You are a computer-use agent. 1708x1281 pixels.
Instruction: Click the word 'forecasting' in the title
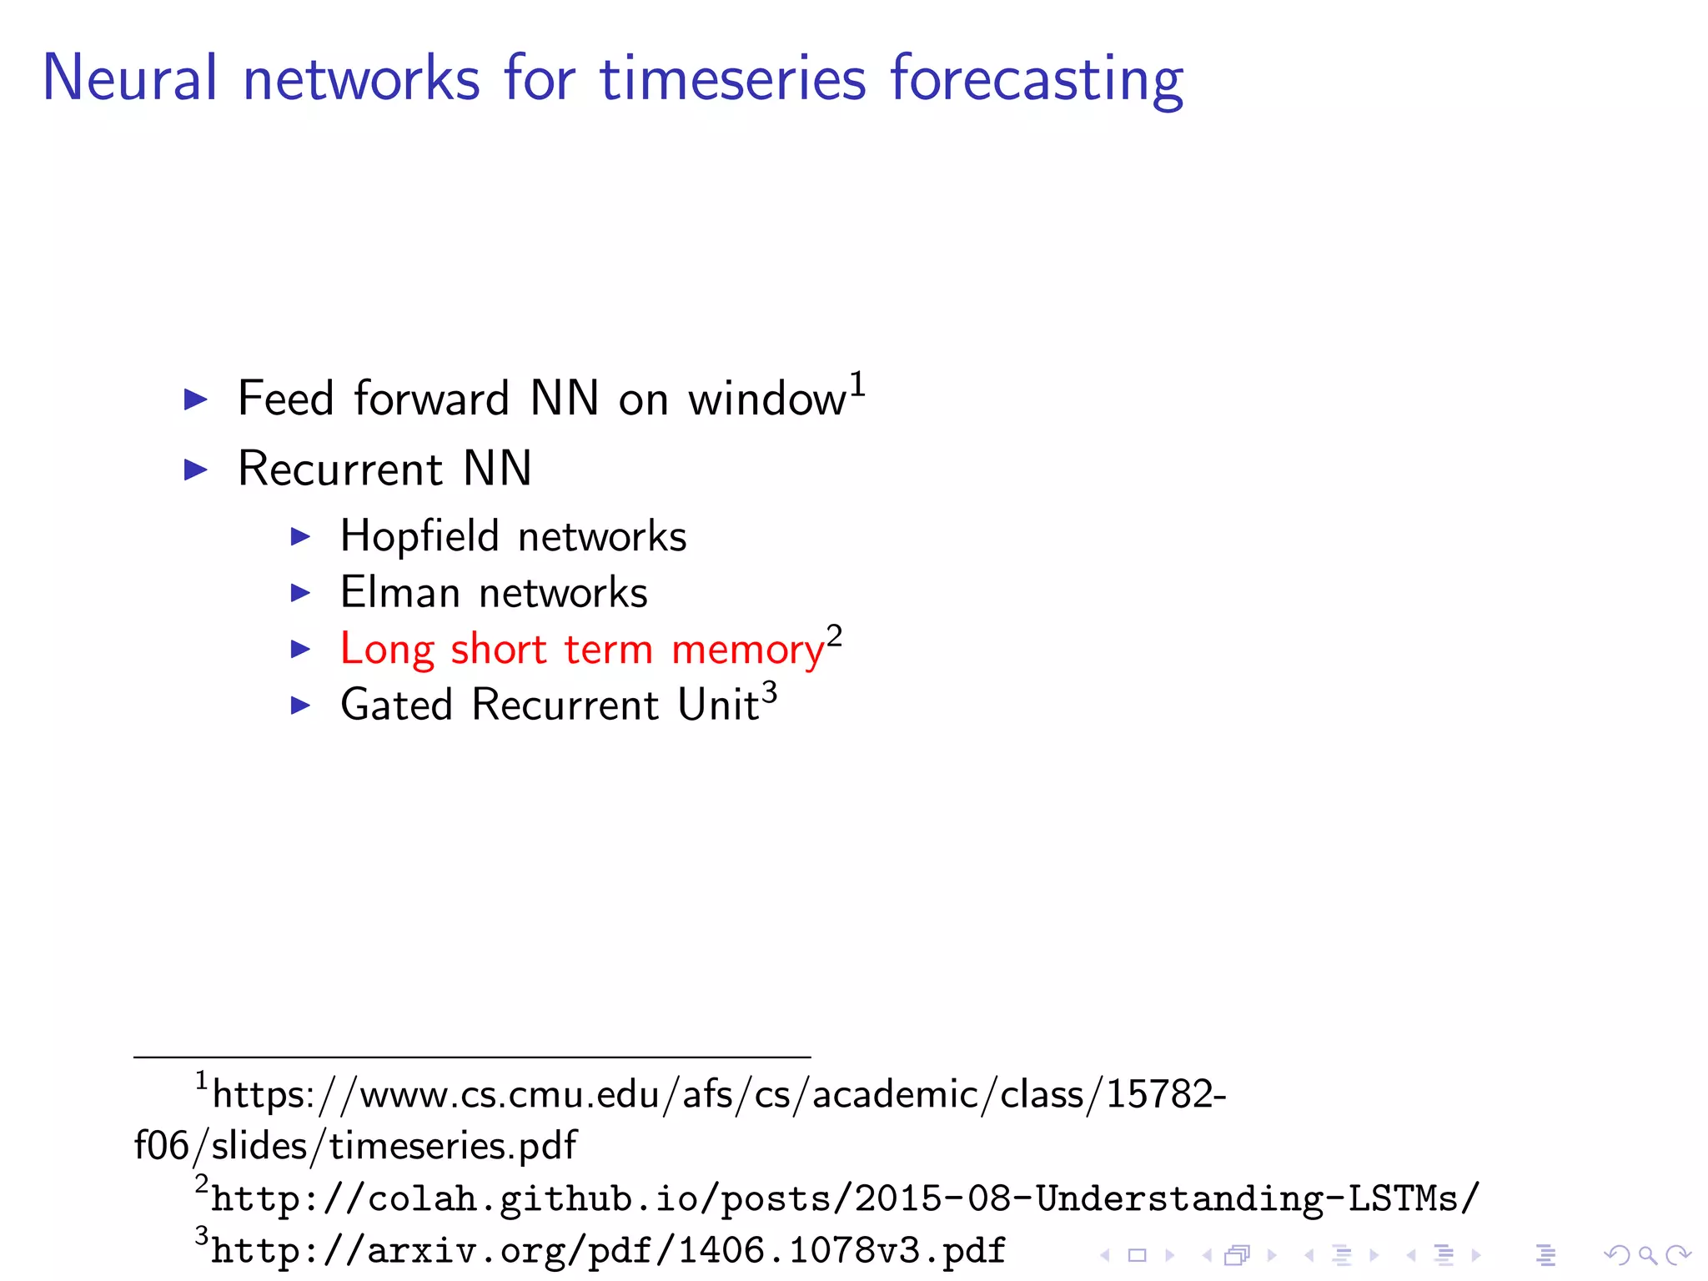[x=1036, y=79]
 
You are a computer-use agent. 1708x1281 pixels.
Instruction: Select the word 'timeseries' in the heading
[x=733, y=79]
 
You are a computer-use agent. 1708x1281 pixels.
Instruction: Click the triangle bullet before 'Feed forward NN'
[x=195, y=399]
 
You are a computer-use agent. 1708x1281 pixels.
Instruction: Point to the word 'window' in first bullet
[x=766, y=399]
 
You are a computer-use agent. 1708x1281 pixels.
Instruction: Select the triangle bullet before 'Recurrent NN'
[x=195, y=470]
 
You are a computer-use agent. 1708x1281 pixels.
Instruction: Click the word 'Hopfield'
[x=419, y=536]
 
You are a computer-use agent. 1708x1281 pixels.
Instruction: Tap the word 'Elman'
[x=400, y=593]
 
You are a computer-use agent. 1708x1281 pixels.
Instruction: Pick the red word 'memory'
[x=747, y=651]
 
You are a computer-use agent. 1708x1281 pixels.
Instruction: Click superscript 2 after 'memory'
[x=834, y=636]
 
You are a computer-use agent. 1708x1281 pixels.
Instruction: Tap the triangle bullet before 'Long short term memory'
[x=300, y=649]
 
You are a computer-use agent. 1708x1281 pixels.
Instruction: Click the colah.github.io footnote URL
[x=844, y=1199]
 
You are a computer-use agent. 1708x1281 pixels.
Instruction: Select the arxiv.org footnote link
[x=607, y=1251]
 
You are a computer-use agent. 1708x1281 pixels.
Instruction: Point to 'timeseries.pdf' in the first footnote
[x=452, y=1146]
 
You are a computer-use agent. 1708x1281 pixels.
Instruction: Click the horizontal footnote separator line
[x=471, y=1057]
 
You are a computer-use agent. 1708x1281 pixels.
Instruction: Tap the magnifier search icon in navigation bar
[x=1647, y=1255]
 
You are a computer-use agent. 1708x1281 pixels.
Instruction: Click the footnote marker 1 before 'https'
[x=201, y=1082]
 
